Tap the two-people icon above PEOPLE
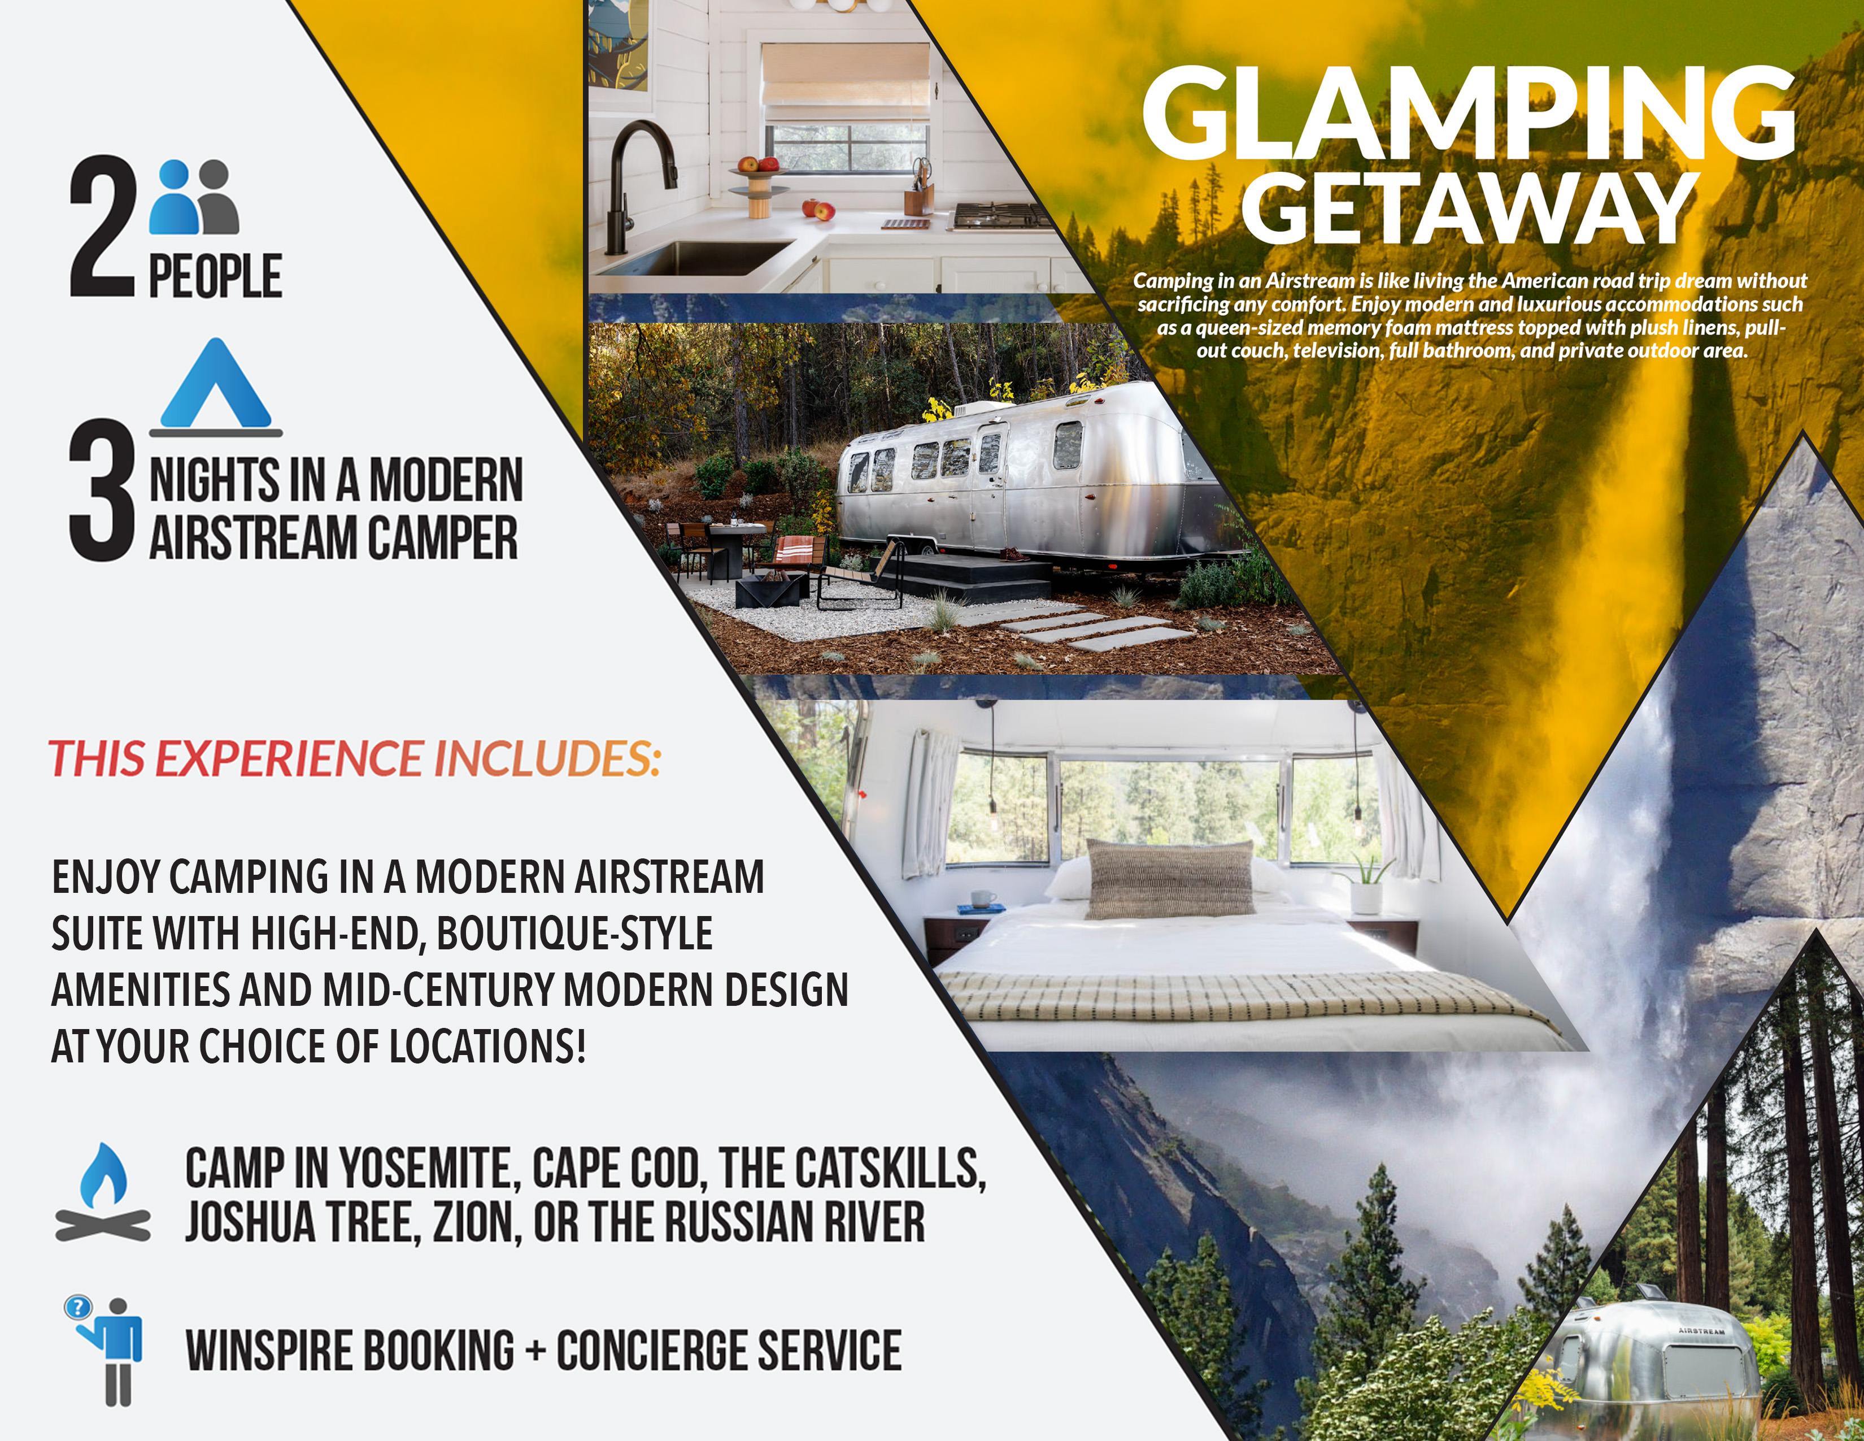point(194,197)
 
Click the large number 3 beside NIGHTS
point(102,491)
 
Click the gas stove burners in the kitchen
point(1002,215)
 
